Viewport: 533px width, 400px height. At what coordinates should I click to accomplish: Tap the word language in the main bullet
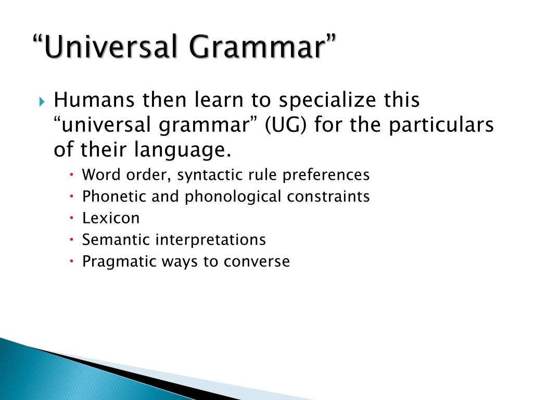183,151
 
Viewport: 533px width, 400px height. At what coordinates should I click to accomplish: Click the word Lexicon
111,218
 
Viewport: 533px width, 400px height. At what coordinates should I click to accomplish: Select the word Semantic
110,240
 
